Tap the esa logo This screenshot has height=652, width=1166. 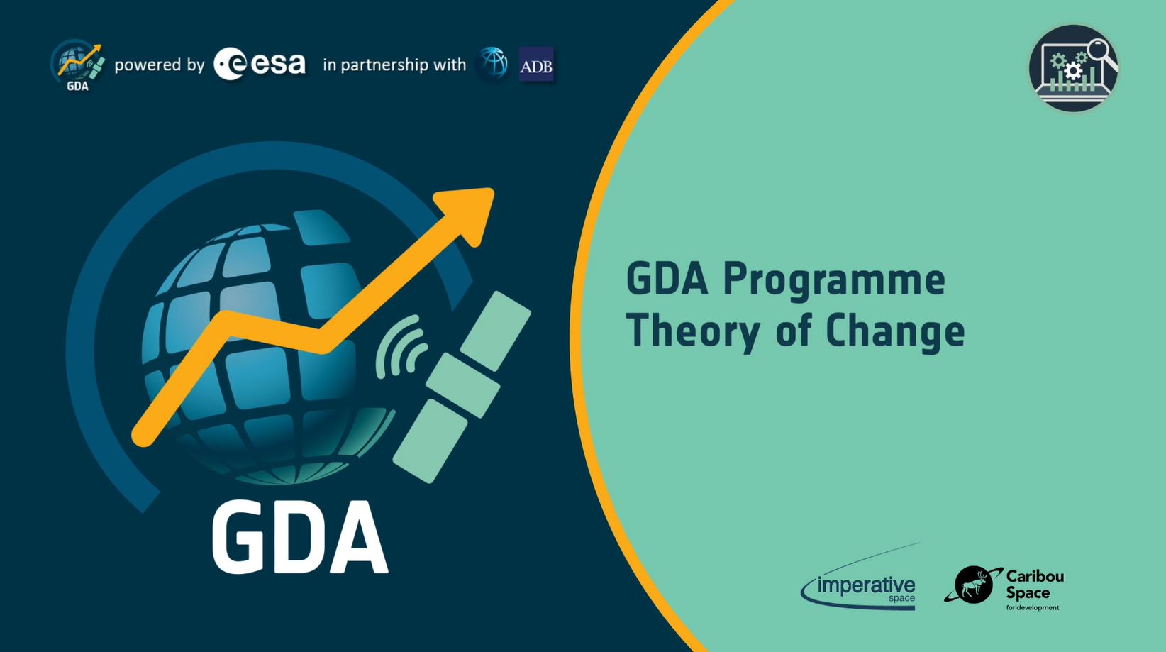coord(260,65)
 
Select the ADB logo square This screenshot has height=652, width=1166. coord(536,65)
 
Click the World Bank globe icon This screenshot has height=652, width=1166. coord(493,63)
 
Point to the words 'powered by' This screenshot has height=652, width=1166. coord(160,65)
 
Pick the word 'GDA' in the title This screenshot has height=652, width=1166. coord(667,279)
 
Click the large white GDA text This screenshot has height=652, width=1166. coord(299,537)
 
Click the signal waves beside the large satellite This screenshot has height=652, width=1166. coord(401,347)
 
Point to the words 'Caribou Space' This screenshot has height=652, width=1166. coord(1034,584)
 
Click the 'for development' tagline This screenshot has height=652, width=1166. coord(1032,608)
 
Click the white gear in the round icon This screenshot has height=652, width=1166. coord(1073,71)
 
